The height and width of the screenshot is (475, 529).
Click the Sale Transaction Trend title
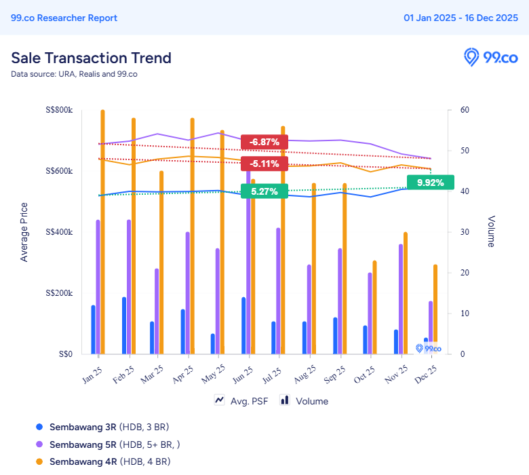[x=91, y=58]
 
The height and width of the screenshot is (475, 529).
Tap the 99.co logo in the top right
[x=490, y=57]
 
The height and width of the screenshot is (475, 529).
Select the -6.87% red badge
[x=264, y=142]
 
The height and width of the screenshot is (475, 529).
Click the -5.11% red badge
[x=264, y=164]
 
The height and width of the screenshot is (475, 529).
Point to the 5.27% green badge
[x=264, y=191]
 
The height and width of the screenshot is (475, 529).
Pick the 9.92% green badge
[x=431, y=183]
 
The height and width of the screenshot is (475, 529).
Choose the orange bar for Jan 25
[x=103, y=231]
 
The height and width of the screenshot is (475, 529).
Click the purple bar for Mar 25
[x=157, y=311]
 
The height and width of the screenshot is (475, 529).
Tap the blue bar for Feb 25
[x=124, y=325]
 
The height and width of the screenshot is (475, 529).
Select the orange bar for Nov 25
[x=406, y=292]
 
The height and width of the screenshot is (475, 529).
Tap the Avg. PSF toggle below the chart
[x=241, y=401]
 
